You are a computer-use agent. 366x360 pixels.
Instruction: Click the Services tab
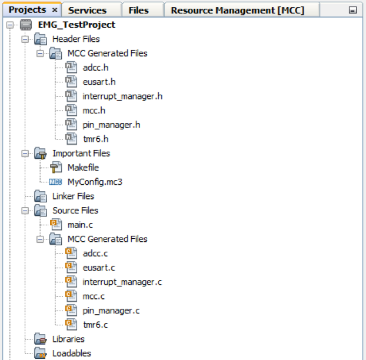point(88,10)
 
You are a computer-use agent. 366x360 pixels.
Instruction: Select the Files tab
point(139,10)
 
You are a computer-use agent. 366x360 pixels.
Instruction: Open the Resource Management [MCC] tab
point(237,10)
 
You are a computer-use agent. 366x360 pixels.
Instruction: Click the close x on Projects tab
point(55,10)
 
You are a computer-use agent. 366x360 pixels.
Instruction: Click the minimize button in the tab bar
point(352,11)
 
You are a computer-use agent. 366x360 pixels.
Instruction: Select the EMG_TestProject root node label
point(76,25)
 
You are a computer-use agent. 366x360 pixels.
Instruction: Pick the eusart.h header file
point(99,82)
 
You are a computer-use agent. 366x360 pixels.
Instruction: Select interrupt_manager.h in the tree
point(122,96)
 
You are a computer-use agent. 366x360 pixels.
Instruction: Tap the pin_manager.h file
point(111,125)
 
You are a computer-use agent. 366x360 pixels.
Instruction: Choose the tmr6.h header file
point(95,139)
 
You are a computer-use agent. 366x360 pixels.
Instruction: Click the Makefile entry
point(83,168)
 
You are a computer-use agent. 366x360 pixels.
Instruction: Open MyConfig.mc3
point(95,182)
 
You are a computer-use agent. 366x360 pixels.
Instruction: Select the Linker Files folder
point(73,196)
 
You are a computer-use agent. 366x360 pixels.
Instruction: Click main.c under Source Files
point(79,225)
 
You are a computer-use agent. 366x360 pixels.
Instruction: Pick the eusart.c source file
point(99,268)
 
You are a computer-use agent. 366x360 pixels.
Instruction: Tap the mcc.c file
point(94,296)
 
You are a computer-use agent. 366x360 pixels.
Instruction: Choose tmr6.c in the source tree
point(95,325)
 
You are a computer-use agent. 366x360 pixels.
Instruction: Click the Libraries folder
point(68,339)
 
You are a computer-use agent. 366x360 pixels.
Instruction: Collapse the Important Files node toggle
point(25,154)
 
